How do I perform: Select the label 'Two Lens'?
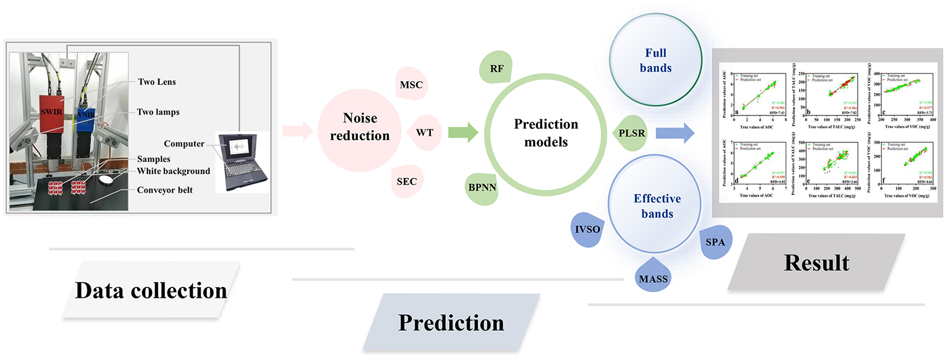157,82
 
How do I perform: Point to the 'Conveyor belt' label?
164,190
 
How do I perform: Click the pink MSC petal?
411,84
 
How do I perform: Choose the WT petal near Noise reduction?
424,133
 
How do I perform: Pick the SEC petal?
407,181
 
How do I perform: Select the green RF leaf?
496,68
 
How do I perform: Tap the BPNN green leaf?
482,188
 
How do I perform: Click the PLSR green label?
631,133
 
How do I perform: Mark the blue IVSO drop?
587,229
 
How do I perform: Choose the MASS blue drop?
653,278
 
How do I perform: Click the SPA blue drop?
715,242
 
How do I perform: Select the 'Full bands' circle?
655,60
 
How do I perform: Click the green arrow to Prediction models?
463,132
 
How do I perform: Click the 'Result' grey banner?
816,263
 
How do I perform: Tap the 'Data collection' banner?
151,290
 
